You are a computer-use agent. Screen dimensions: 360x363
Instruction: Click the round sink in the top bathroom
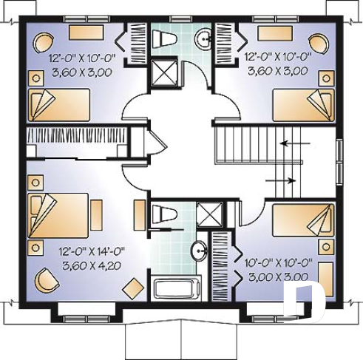203,37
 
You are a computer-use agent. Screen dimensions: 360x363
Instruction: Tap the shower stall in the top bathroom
161,71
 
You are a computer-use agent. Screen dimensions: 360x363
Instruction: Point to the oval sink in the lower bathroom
199,251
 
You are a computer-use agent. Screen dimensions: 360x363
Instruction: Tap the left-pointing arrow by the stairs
295,143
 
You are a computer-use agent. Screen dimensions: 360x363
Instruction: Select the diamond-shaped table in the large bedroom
134,288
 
